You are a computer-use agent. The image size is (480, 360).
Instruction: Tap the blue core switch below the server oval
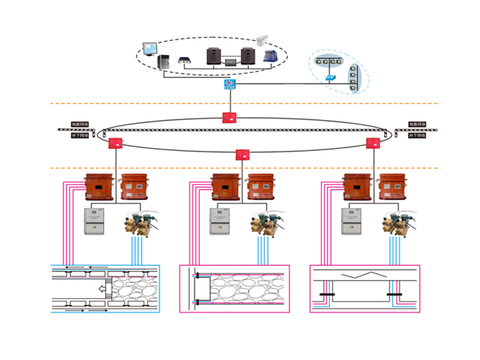[x=229, y=85]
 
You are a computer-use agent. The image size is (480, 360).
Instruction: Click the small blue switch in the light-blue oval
[x=331, y=78]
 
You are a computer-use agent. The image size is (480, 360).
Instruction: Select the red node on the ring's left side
[x=115, y=143]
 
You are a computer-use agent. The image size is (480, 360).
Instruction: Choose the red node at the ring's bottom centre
[x=242, y=154]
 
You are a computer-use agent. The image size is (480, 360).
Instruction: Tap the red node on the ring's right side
[x=373, y=143]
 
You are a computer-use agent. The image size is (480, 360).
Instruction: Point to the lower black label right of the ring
[x=415, y=136]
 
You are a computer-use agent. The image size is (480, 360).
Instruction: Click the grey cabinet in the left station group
[x=94, y=221]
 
